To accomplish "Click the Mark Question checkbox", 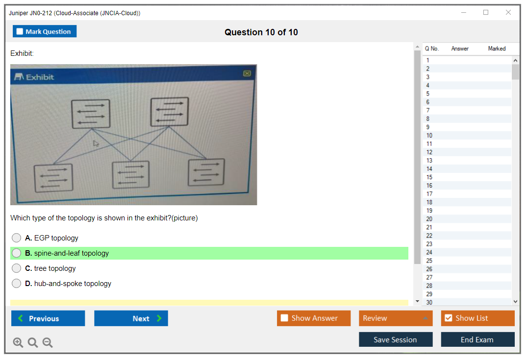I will pyautogui.click(x=20, y=31).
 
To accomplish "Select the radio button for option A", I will pyautogui.click(x=17, y=238).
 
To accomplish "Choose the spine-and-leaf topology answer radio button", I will pyautogui.click(x=17, y=253).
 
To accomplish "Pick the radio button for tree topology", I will pyautogui.click(x=17, y=268).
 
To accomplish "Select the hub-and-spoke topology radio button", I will pyautogui.click(x=17, y=284).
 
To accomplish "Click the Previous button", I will pyautogui.click(x=48, y=318).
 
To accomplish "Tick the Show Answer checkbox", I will pyautogui.click(x=284, y=318).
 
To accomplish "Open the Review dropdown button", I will pyautogui.click(x=396, y=318).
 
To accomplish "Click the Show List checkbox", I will pyautogui.click(x=448, y=318).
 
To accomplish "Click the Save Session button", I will pyautogui.click(x=396, y=339).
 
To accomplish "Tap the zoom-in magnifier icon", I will pyautogui.click(x=18, y=343).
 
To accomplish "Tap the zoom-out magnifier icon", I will pyautogui.click(x=48, y=343).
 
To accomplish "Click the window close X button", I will pyautogui.click(x=508, y=13).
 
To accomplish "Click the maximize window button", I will pyautogui.click(x=486, y=13).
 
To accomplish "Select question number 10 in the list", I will pyautogui.click(x=429, y=136).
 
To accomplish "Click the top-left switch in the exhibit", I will pyautogui.click(x=91, y=113).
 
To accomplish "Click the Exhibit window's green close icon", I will pyautogui.click(x=247, y=73).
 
